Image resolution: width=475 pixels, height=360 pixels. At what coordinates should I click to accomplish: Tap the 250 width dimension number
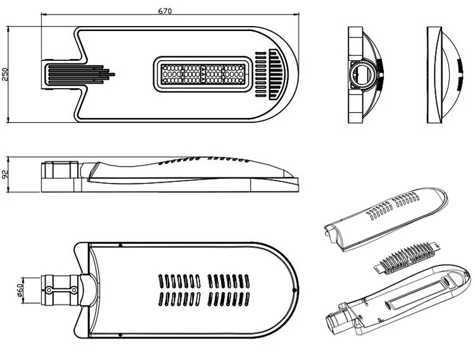[x=6, y=75]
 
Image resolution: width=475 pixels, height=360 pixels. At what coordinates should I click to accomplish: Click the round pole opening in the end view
[x=364, y=74]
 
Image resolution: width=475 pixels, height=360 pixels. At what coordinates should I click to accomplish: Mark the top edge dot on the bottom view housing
[x=121, y=243]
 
